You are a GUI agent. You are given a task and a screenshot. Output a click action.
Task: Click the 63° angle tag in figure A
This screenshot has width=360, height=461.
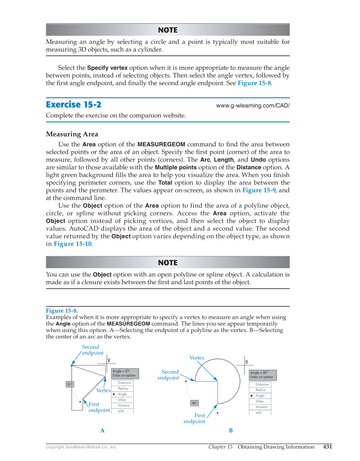pyautogui.click(x=70, y=384)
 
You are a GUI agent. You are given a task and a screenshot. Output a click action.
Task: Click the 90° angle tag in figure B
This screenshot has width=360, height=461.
pyautogui.click(x=194, y=403)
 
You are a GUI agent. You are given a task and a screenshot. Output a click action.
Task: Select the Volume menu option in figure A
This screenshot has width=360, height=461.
pyautogui.click(x=124, y=405)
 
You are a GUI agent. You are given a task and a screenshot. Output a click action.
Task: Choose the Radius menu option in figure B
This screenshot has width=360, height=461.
pyautogui.click(x=261, y=390)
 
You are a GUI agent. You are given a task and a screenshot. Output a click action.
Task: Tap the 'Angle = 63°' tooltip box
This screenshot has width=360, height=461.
pyautogui.click(x=122, y=373)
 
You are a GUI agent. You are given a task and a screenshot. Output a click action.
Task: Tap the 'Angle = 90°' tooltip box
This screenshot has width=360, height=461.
pyautogui.click(x=262, y=375)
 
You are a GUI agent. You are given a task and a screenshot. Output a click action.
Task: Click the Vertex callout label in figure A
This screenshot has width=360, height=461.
pyautogui.click(x=103, y=390)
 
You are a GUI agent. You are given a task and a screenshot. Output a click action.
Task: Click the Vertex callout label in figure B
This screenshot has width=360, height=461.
pyautogui.click(x=197, y=358)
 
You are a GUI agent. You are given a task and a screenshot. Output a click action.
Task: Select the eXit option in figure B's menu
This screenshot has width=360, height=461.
pyautogui.click(x=259, y=413)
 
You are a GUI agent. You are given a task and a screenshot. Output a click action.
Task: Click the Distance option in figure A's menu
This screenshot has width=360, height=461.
pyautogui.click(x=124, y=383)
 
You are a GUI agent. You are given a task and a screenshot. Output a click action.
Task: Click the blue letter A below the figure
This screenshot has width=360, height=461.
pyautogui.click(x=102, y=430)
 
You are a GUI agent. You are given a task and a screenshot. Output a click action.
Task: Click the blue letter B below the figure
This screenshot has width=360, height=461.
pyautogui.click(x=231, y=430)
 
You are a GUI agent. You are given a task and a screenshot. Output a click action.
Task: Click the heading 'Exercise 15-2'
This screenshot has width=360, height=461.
pyautogui.click(x=73, y=104)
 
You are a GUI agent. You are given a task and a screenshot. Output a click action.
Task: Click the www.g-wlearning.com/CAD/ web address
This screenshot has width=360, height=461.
pyautogui.click(x=253, y=105)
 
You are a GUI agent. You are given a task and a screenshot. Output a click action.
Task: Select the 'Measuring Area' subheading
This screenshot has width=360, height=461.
pyautogui.click(x=72, y=134)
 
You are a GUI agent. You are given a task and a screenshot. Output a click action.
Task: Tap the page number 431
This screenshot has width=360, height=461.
pyautogui.click(x=327, y=447)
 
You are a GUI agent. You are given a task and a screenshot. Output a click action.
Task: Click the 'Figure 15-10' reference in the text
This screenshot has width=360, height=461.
pyautogui.click(x=72, y=244)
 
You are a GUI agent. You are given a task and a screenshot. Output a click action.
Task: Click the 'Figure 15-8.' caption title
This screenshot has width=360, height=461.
pyautogui.click(x=61, y=310)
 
